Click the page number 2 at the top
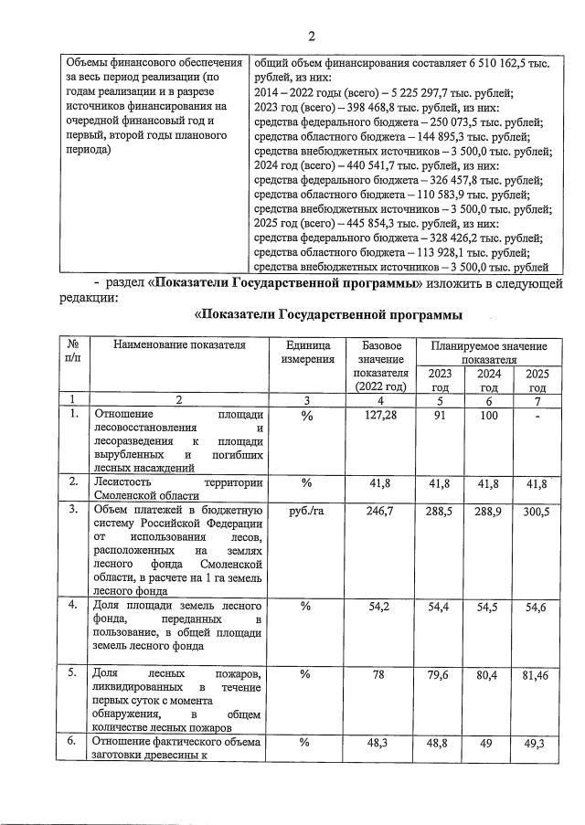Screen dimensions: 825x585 [311, 37]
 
